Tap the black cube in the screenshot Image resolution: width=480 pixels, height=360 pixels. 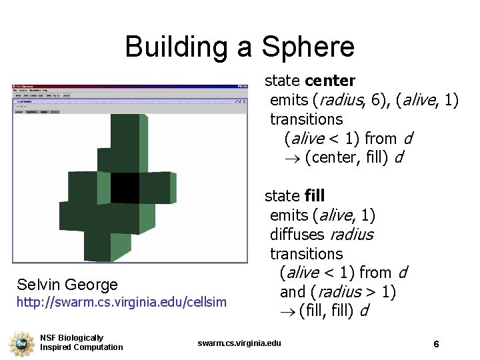coord(125,187)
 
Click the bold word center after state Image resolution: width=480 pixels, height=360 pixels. coord(330,81)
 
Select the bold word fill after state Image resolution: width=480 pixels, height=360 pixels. coord(314,196)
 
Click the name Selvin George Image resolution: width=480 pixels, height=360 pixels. coord(67,285)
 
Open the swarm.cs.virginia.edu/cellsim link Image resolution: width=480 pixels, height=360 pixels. coord(121,303)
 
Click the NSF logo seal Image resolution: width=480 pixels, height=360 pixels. coord(20,343)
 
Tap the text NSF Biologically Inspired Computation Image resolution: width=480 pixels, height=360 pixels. coord(81,343)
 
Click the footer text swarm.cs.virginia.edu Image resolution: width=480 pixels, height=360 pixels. coord(239,343)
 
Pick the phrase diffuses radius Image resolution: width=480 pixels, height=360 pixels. coord(321,235)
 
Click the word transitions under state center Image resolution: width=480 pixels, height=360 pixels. coord(306,119)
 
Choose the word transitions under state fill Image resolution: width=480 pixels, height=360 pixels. coord(306,254)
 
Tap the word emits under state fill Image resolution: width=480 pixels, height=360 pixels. coord(289,215)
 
